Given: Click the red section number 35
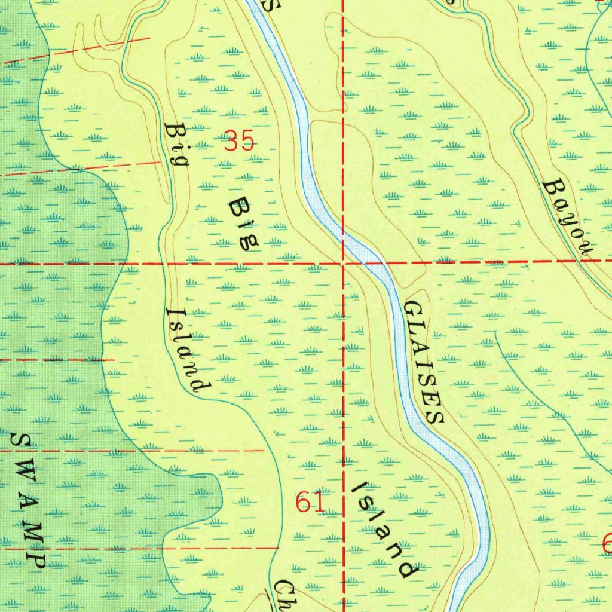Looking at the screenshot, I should tap(240, 142).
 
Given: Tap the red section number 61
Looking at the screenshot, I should tap(310, 503).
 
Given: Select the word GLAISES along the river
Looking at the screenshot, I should tap(425, 362).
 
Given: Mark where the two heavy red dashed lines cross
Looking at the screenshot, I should tap(343, 262).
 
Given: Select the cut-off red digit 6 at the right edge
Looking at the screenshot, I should tap(607, 544).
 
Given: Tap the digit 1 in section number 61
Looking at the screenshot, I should tap(318, 503).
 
